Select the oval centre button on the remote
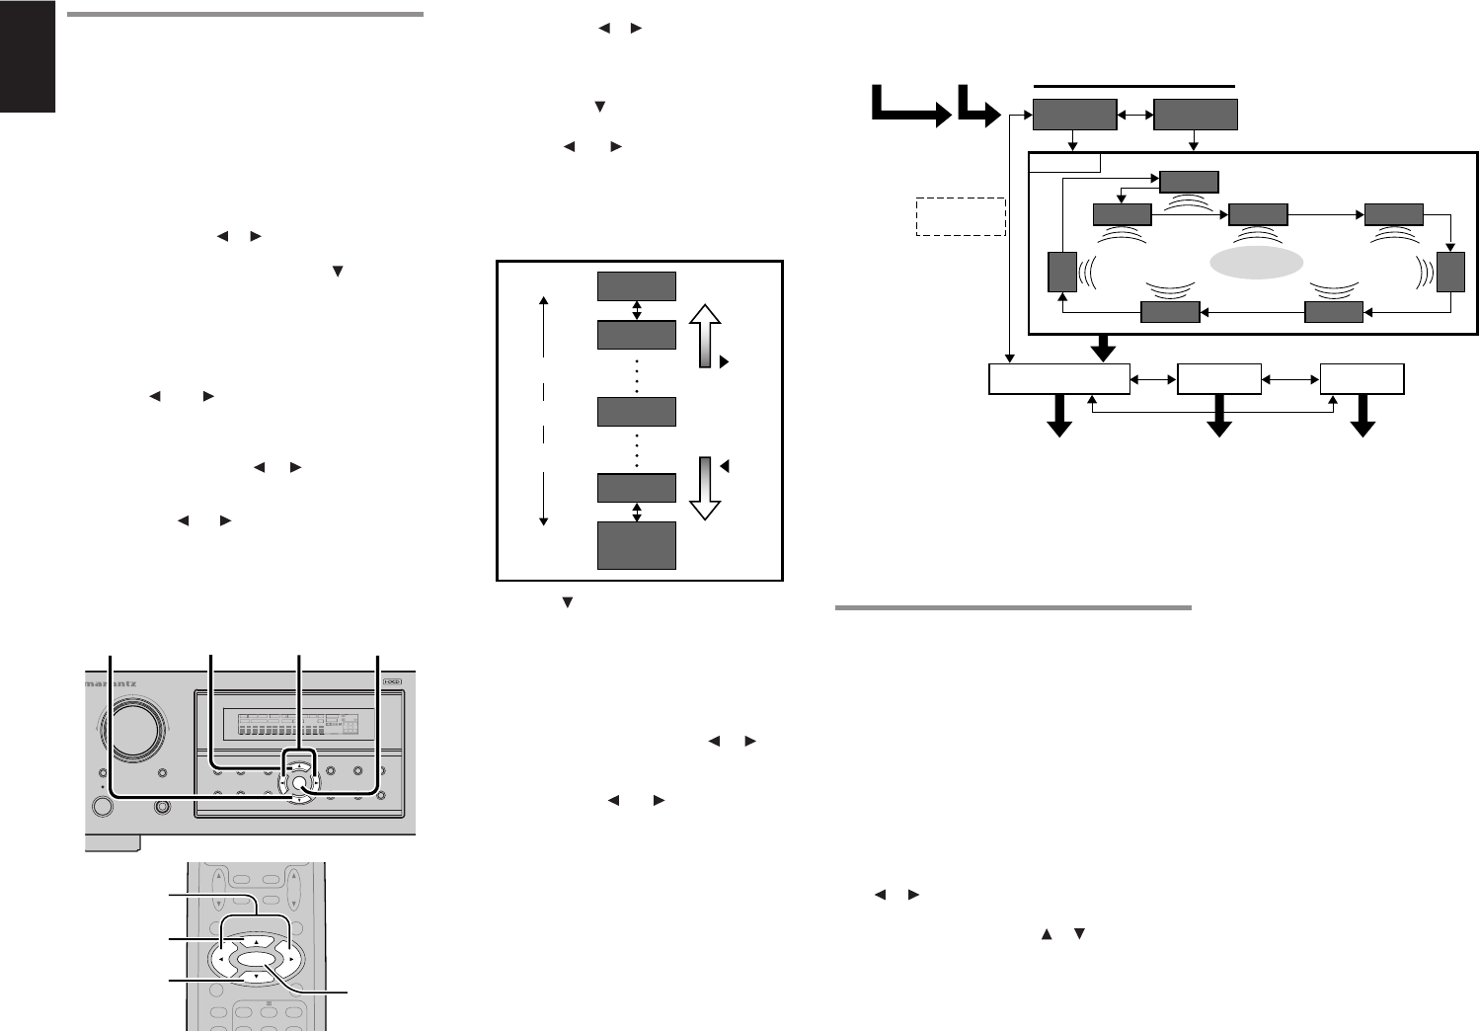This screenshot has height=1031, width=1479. pyautogui.click(x=255, y=959)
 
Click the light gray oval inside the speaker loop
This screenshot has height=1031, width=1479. pyautogui.click(x=1255, y=263)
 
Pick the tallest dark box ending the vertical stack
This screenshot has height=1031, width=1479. pyautogui.click(x=637, y=545)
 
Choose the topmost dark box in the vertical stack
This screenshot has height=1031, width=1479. pyautogui.click(x=637, y=286)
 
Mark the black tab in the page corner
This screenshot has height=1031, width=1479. pyautogui.click(x=28, y=56)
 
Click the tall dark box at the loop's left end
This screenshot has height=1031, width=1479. pyautogui.click(x=1062, y=272)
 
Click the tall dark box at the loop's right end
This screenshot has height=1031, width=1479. pyautogui.click(x=1450, y=272)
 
